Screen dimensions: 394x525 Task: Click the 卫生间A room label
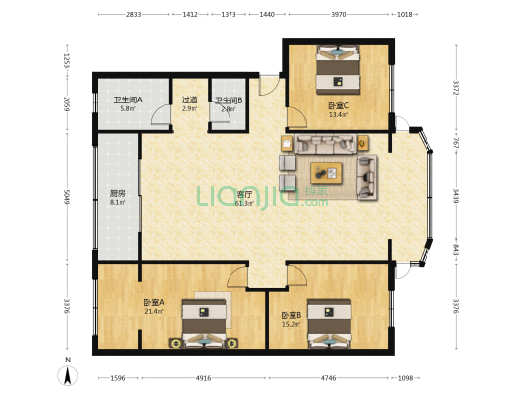coord(127,100)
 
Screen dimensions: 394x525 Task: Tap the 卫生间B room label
coord(229,100)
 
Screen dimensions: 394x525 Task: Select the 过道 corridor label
coord(189,100)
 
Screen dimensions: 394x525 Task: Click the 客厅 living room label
coord(244,196)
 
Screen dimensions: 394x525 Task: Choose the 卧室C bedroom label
coord(338,106)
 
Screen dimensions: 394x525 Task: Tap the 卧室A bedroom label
coord(153,303)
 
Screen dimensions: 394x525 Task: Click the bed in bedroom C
coord(339,68)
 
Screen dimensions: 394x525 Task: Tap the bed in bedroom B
coord(328,322)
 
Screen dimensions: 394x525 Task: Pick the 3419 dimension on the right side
coord(455,195)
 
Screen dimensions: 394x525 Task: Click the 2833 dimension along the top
coord(134,15)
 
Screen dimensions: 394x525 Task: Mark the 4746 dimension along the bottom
coord(328,378)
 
